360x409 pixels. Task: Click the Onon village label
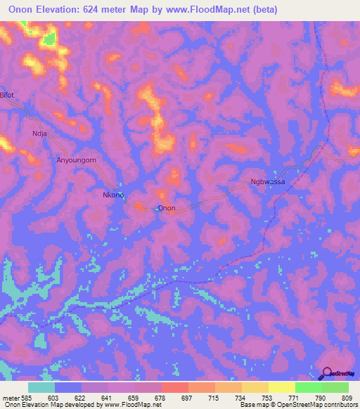point(167,208)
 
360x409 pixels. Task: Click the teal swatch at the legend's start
point(41,387)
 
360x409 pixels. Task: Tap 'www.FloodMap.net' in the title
point(208,10)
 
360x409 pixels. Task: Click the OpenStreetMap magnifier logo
point(327,373)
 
